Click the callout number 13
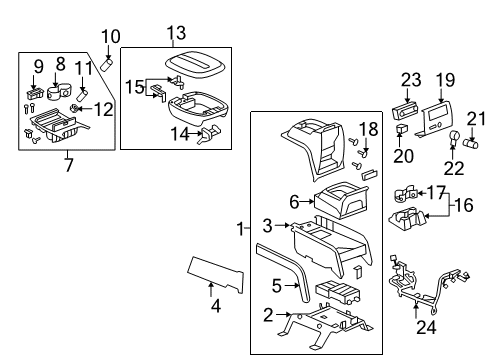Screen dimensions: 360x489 pyautogui.click(x=177, y=34)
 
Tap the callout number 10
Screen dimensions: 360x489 pyautogui.click(x=110, y=37)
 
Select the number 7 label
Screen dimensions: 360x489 pyautogui.click(x=67, y=163)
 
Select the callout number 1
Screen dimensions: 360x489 pyautogui.click(x=241, y=229)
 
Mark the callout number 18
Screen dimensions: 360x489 pyautogui.click(x=367, y=128)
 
